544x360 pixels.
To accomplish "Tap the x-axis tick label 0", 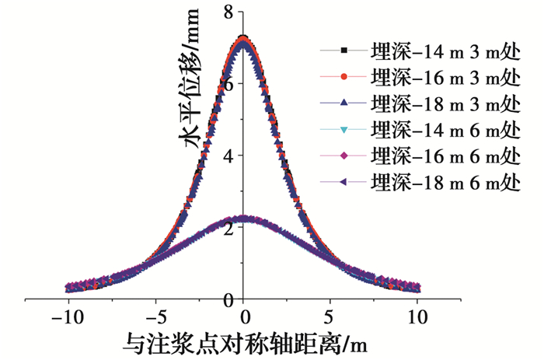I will [x=244, y=317].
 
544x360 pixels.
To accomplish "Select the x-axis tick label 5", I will [x=332, y=317].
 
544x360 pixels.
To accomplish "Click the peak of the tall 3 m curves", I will [x=244, y=39].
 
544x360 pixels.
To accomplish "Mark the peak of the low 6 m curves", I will [x=244, y=218].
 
